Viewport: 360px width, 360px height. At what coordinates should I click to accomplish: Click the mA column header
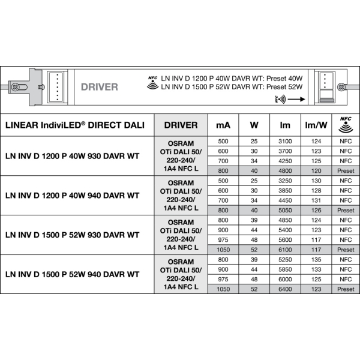click(223, 125)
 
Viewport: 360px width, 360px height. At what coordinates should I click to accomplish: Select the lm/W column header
click(316, 125)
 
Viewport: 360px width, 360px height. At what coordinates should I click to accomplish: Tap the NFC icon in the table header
click(345, 124)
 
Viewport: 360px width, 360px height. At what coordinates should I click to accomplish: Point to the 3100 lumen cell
click(284, 141)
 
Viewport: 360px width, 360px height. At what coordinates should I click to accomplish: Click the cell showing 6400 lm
click(284, 289)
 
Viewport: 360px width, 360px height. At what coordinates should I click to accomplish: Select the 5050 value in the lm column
click(284, 210)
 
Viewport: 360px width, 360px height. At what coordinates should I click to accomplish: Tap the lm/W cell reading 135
click(316, 259)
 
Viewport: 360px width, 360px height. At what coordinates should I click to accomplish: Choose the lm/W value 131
click(316, 200)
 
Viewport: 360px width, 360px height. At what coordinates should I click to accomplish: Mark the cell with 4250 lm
click(284, 161)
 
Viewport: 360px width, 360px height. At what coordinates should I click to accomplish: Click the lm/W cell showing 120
click(316, 170)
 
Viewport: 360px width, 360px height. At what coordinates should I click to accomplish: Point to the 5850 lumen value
click(284, 269)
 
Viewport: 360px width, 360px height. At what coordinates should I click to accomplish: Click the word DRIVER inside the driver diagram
click(99, 87)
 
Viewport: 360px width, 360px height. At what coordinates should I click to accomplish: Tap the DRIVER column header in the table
click(181, 125)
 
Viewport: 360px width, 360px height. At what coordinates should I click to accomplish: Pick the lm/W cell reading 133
click(316, 269)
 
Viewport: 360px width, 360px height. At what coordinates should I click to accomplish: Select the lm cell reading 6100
click(284, 249)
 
